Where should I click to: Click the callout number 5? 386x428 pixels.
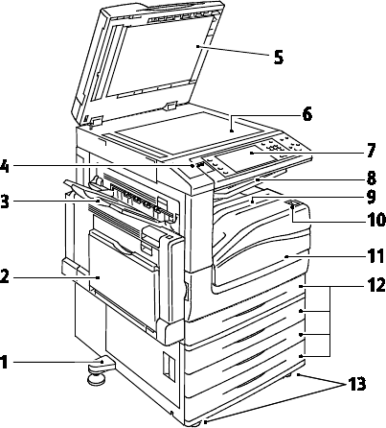[x=279, y=58]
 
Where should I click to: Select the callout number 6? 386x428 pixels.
[x=307, y=114]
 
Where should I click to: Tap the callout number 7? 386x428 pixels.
[x=371, y=151]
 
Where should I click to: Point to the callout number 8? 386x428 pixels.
[x=371, y=178]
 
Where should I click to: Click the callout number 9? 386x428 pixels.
[x=371, y=197]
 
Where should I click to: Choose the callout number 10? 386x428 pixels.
[x=375, y=220]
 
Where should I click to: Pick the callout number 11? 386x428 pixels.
[x=375, y=256]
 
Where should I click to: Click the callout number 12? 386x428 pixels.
[x=375, y=285]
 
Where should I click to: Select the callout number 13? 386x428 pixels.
[x=356, y=384]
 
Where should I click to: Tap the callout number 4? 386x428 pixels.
[x=5, y=167]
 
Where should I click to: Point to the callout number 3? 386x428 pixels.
[x=5, y=202]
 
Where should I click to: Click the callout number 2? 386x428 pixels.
[x=4, y=276]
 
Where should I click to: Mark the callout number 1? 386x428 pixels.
[x=4, y=363]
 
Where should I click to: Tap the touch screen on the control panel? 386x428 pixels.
[x=248, y=159]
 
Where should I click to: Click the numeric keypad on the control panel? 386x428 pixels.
[x=274, y=148]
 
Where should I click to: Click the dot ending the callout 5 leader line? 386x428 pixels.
[x=197, y=46]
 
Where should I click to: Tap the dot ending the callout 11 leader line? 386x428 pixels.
[x=286, y=256]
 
